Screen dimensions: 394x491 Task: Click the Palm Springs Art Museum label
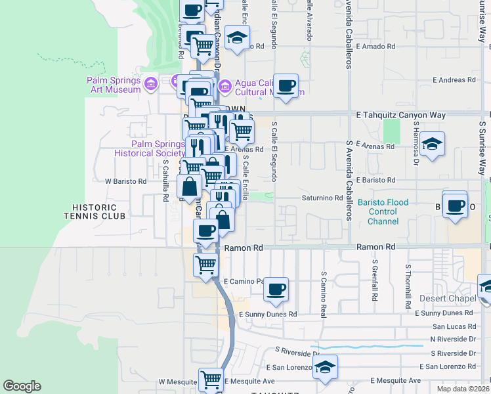[114, 85]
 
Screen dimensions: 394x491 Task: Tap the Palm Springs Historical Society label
[149, 148]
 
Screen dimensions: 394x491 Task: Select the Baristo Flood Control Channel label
[383, 211]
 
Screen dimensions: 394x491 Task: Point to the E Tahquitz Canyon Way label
[400, 115]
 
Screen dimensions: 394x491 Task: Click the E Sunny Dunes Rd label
[268, 314]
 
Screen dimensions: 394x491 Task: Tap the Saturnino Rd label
[322, 198]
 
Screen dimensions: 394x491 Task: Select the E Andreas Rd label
[454, 80]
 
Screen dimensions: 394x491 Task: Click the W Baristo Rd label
[126, 181]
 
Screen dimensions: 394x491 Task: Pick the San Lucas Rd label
[453, 326]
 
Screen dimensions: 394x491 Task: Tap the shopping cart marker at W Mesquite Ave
[211, 379]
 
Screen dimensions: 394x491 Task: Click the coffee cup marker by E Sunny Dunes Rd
[276, 289]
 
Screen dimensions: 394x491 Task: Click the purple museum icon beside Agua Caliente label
[224, 85]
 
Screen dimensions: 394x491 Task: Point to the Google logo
[22, 386]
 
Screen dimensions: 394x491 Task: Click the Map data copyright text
[463, 389]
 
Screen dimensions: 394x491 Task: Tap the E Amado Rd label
[376, 47]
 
